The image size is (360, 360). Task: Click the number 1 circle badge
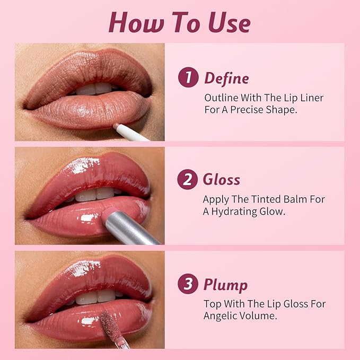[188, 78]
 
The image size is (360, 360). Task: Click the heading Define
[226, 78]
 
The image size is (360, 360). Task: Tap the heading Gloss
[222, 180]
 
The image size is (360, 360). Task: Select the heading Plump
[226, 285]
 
